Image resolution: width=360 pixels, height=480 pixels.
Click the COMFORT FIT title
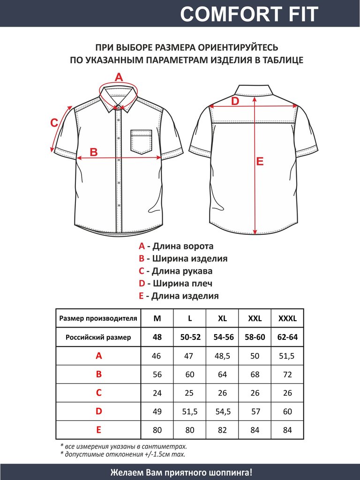[249, 14]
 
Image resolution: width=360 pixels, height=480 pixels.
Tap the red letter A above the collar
[119, 77]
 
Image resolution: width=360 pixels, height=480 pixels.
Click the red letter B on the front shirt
[93, 152]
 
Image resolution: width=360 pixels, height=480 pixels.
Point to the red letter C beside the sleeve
[54, 123]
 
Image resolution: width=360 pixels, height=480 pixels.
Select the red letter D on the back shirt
[235, 101]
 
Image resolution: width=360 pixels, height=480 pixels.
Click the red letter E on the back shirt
[260, 162]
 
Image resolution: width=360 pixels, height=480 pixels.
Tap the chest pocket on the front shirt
[141, 142]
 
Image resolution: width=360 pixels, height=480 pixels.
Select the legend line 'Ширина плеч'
[176, 284]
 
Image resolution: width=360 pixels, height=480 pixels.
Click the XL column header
[223, 319]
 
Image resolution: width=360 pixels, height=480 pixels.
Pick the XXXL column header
[288, 319]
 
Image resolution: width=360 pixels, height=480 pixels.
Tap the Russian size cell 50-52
[190, 337]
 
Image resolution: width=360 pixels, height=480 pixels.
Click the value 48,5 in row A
[223, 356]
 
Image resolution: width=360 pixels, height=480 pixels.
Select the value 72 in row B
[288, 375]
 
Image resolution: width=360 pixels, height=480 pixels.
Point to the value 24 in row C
[157, 393]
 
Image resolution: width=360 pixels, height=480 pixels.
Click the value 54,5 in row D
[223, 412]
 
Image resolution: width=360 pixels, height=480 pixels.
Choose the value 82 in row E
[223, 430]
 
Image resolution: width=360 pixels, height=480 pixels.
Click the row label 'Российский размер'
[98, 337]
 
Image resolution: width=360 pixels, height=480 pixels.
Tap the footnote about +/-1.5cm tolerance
[123, 454]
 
